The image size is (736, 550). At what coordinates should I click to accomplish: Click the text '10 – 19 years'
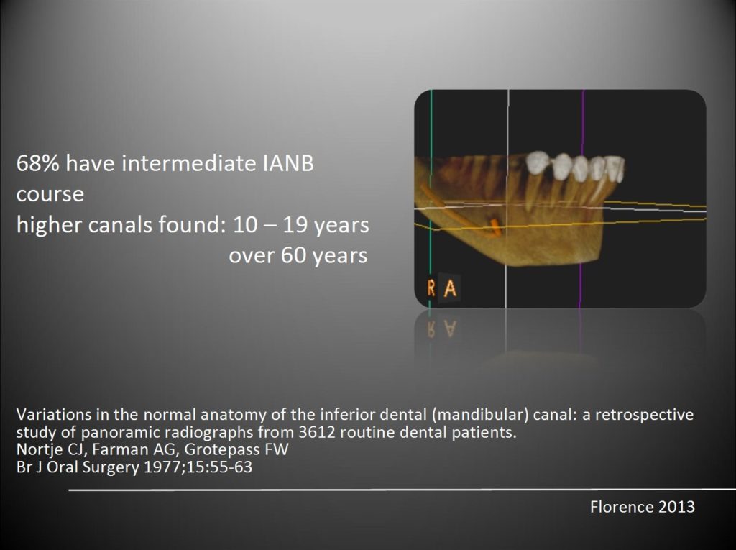tap(301, 225)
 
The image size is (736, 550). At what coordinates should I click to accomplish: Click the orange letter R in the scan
tap(431, 288)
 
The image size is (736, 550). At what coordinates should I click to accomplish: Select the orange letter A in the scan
tap(450, 288)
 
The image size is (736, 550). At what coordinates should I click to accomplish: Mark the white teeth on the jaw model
tap(576, 166)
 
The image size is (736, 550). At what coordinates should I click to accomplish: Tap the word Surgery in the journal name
tap(111, 468)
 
